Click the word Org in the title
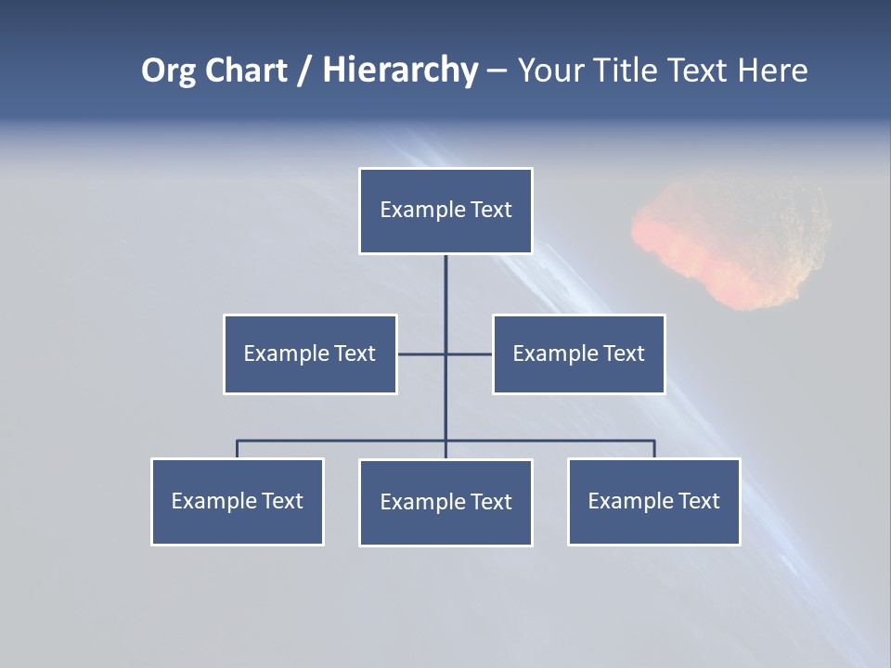(168, 71)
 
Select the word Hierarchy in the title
(400, 71)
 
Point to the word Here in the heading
(772, 71)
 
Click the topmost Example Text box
(445, 211)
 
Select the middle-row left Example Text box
(310, 353)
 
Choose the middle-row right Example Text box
(578, 353)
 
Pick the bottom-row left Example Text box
(238, 501)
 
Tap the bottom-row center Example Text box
(445, 502)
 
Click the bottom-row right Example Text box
(653, 501)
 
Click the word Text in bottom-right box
(699, 501)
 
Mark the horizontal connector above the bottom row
(343, 441)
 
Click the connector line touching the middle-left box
(420, 353)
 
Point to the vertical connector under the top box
(445, 297)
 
